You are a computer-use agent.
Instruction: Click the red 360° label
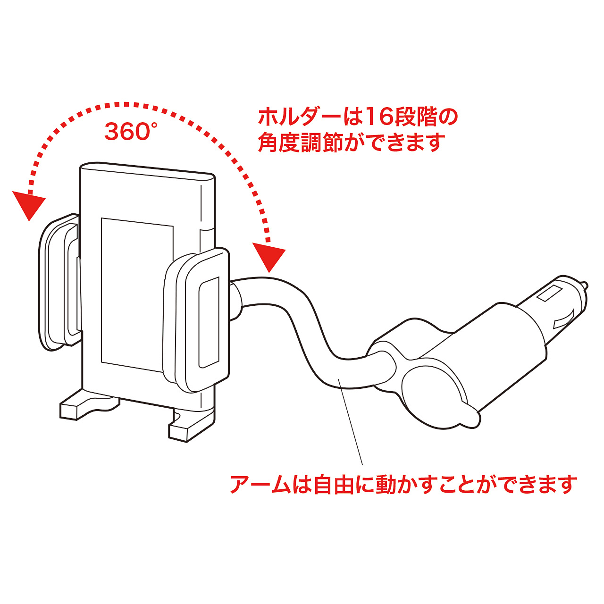click(130, 131)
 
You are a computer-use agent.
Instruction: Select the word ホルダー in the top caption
click(300, 117)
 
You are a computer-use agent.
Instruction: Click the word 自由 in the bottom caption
click(334, 485)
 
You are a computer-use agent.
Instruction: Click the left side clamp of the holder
click(59, 282)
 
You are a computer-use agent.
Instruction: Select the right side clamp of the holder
click(196, 320)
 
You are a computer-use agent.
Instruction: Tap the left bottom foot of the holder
click(89, 406)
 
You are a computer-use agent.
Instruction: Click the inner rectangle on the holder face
click(137, 295)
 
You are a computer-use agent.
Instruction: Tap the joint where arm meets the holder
click(236, 302)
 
